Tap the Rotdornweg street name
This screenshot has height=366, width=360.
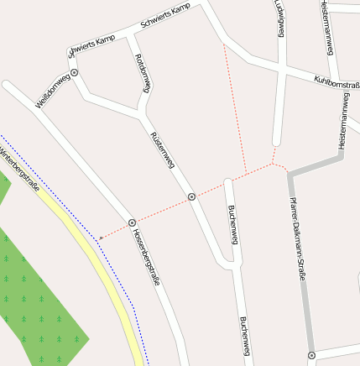tap(142, 75)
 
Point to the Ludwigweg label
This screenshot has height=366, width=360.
tap(279, 18)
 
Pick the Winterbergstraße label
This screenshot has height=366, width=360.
tap(18, 167)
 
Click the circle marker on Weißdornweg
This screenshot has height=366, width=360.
tap(75, 73)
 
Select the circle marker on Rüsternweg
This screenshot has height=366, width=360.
tap(191, 196)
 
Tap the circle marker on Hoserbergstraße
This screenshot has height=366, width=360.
tap(132, 222)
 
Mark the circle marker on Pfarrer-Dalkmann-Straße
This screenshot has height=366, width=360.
tap(311, 355)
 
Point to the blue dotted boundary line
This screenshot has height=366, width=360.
tap(113, 278)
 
